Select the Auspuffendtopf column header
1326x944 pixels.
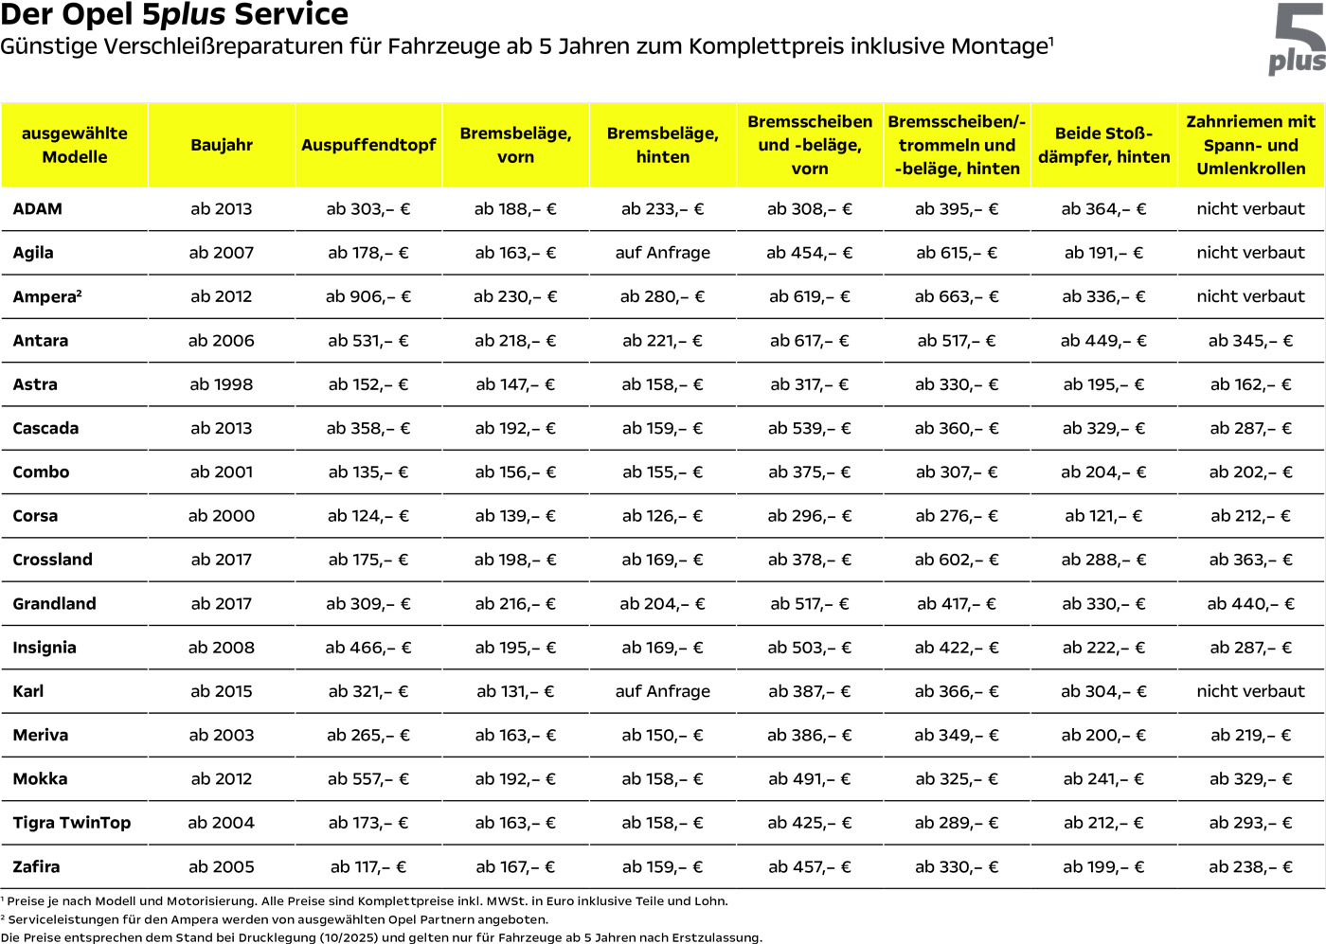pos(368,145)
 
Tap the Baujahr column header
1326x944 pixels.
pos(222,145)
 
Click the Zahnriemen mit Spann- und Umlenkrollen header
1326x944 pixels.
pos(1250,145)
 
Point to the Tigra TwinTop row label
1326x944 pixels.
pos(72,823)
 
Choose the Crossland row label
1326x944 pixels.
pos(53,560)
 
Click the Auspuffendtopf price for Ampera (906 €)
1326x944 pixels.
pos(368,296)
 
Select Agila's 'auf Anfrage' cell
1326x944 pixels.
pos(663,253)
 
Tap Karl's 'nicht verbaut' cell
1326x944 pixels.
pos(1250,691)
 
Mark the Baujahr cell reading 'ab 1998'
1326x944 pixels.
pos(222,384)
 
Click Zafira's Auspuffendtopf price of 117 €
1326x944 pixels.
pos(368,866)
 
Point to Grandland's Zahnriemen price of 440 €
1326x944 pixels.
pos(1250,603)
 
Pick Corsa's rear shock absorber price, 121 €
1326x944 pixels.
pos(1103,516)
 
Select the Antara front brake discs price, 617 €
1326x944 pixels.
pos(810,341)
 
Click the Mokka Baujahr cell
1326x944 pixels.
pos(222,779)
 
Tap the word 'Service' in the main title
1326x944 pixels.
pos(291,14)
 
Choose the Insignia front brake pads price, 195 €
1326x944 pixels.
pos(515,648)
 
